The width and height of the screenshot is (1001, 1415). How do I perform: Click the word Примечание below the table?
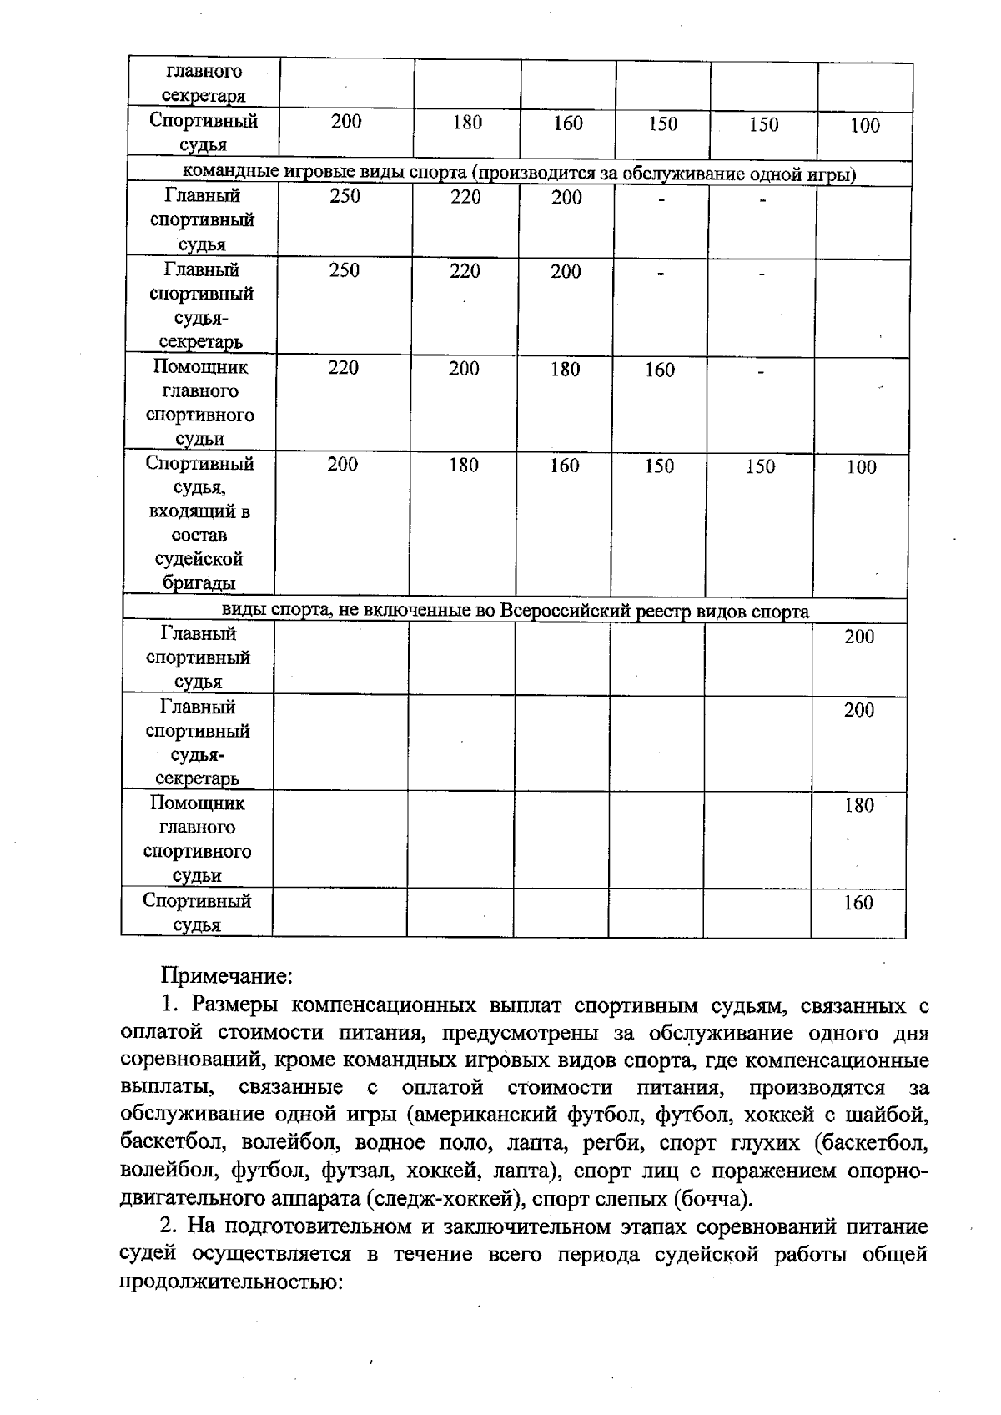click(225, 975)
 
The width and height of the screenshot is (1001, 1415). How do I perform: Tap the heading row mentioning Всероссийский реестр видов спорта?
click(515, 612)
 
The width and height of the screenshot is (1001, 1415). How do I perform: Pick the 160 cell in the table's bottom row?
click(858, 903)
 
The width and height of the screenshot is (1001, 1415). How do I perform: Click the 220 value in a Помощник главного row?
click(343, 368)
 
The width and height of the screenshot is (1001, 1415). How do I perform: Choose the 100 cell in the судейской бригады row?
click(861, 467)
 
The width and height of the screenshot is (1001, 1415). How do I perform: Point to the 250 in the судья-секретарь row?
click(344, 270)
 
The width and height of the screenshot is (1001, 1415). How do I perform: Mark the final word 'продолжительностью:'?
click(233, 1282)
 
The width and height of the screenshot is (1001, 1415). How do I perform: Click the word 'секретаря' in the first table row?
click(204, 96)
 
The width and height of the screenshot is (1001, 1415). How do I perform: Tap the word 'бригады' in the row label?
click(199, 583)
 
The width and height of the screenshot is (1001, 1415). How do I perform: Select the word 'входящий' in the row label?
click(199, 511)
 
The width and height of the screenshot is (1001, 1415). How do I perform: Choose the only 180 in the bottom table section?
click(858, 805)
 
